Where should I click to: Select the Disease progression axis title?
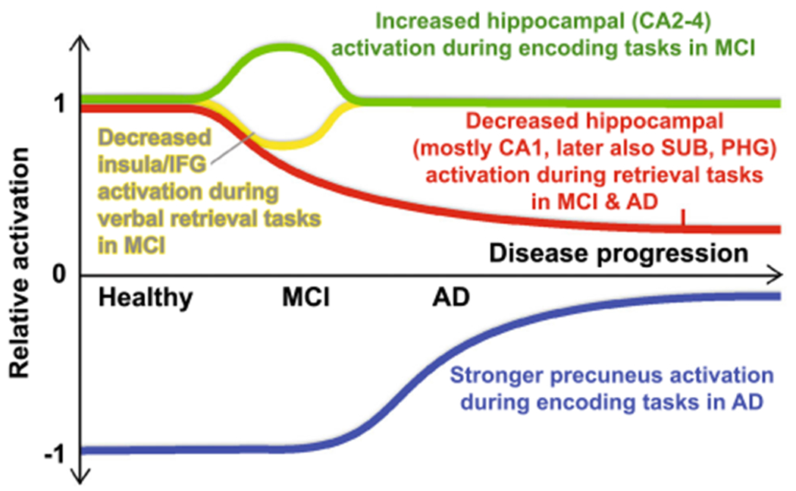coord(618,253)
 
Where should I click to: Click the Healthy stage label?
coord(145,297)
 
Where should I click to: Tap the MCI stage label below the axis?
coord(306,297)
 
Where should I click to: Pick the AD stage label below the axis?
coord(450,297)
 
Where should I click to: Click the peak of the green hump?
coord(281,49)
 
